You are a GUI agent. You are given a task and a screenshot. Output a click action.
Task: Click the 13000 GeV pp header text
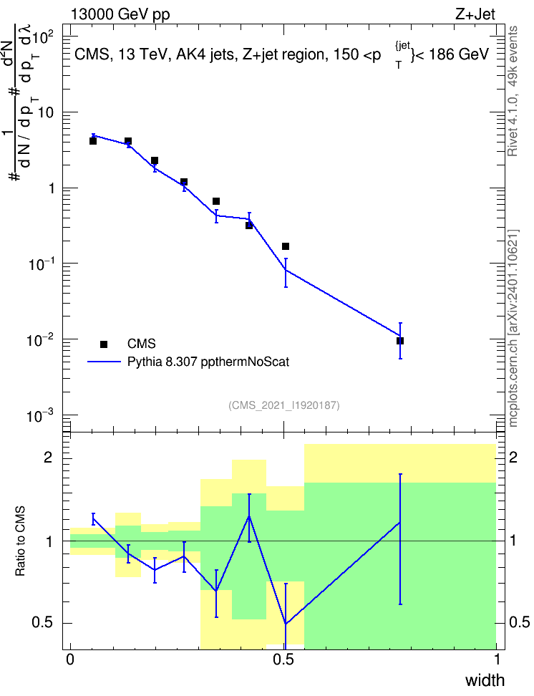(120, 14)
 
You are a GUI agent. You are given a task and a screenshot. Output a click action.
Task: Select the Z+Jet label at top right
(475, 14)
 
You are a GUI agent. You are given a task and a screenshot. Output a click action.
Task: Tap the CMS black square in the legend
(104, 344)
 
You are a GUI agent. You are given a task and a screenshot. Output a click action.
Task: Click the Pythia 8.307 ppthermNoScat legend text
(208, 362)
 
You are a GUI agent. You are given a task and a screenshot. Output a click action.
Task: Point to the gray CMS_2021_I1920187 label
(284, 405)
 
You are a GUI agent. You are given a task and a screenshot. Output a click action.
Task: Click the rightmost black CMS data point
(400, 341)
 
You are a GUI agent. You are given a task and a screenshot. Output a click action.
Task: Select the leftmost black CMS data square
(93, 141)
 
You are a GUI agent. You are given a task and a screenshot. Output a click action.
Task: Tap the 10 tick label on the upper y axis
(45, 112)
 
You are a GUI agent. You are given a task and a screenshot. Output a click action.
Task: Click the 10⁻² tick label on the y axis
(39, 339)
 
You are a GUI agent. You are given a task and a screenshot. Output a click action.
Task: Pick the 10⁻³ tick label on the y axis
(39, 415)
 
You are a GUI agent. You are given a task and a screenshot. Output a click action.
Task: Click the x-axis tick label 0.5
(283, 659)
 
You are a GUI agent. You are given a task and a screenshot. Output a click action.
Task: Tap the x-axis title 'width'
(485, 680)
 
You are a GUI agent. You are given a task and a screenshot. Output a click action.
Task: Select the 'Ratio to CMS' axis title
(20, 541)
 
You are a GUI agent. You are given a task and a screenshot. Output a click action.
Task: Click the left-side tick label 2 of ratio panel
(48, 457)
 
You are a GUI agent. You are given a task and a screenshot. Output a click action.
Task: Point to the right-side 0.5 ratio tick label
(520, 622)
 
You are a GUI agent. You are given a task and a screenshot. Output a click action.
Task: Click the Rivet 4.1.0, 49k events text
(513, 91)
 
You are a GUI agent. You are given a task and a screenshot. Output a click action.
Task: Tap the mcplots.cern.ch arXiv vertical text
(513, 328)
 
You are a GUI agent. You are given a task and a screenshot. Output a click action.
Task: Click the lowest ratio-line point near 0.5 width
(286, 624)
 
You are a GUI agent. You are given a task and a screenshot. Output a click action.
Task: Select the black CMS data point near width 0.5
(286, 246)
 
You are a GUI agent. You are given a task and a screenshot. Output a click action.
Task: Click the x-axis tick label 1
(497, 659)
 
